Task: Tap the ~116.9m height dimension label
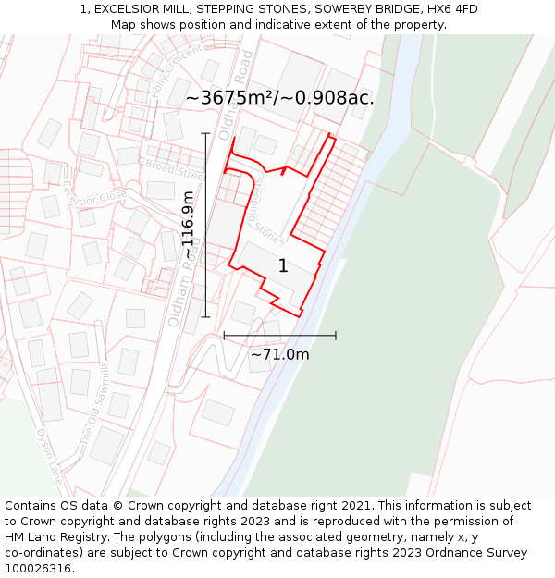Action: [x=189, y=225]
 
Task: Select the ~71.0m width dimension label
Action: [x=279, y=354]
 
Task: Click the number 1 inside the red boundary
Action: [x=283, y=266]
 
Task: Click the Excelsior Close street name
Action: [x=94, y=196]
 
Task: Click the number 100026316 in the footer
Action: [x=40, y=569]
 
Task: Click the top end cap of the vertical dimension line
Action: [x=205, y=134]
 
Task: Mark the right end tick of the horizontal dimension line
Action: [x=336, y=336]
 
